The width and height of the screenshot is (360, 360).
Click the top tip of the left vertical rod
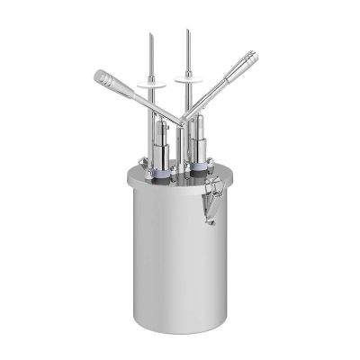[151, 34]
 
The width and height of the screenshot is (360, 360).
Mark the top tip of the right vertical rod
[187, 31]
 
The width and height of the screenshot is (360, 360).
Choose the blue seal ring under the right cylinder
[198, 167]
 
